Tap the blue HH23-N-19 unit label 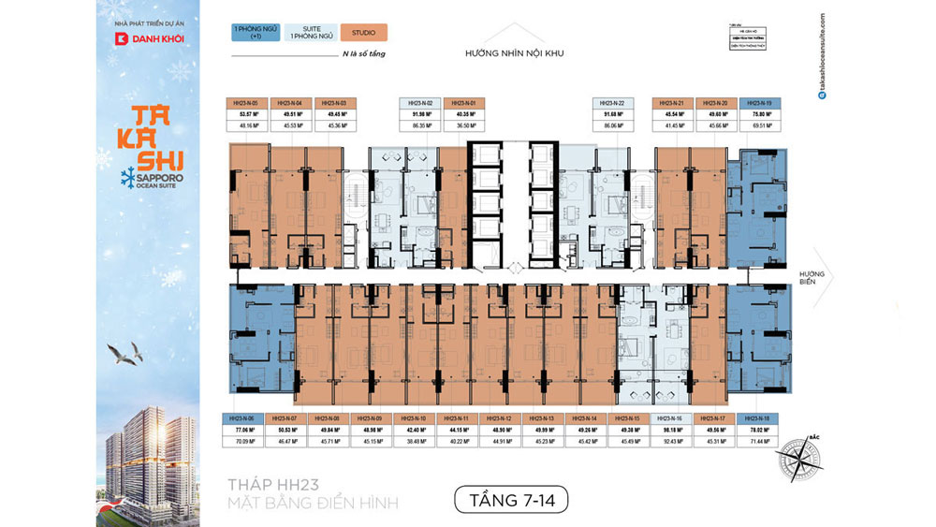click(755, 102)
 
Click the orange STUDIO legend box click(363, 33)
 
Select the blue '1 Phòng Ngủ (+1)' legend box click(256, 33)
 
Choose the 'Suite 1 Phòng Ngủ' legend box click(310, 33)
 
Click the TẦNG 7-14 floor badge click(511, 501)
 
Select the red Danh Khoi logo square click(121, 39)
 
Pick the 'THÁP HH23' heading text click(273, 485)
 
